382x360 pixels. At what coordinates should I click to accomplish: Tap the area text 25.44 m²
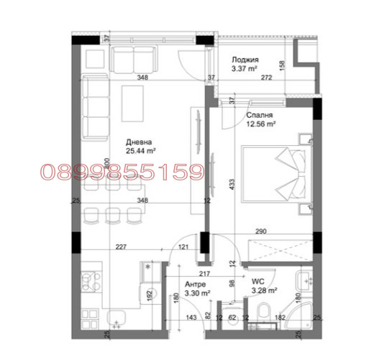(x=142, y=151)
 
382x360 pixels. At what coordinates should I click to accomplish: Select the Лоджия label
(x=245, y=60)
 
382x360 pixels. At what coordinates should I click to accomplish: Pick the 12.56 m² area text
(x=262, y=124)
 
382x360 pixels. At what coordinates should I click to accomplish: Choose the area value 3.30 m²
(x=196, y=293)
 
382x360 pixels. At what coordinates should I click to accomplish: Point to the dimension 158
(x=283, y=65)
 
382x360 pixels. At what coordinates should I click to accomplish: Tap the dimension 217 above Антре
(x=204, y=274)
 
